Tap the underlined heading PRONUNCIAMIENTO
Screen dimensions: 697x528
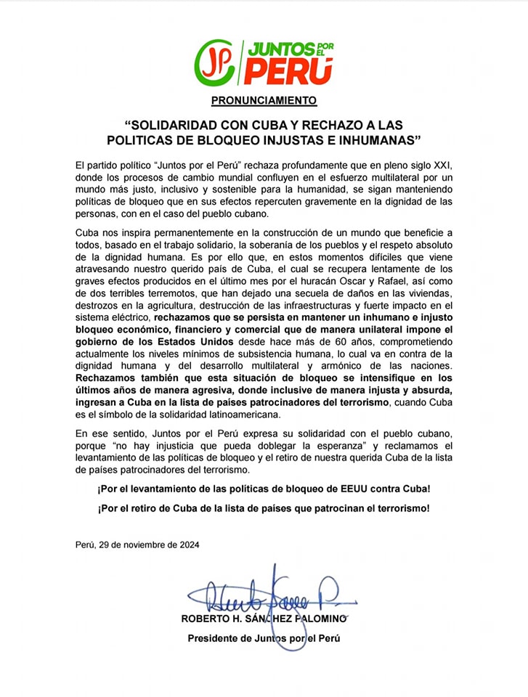264,99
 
